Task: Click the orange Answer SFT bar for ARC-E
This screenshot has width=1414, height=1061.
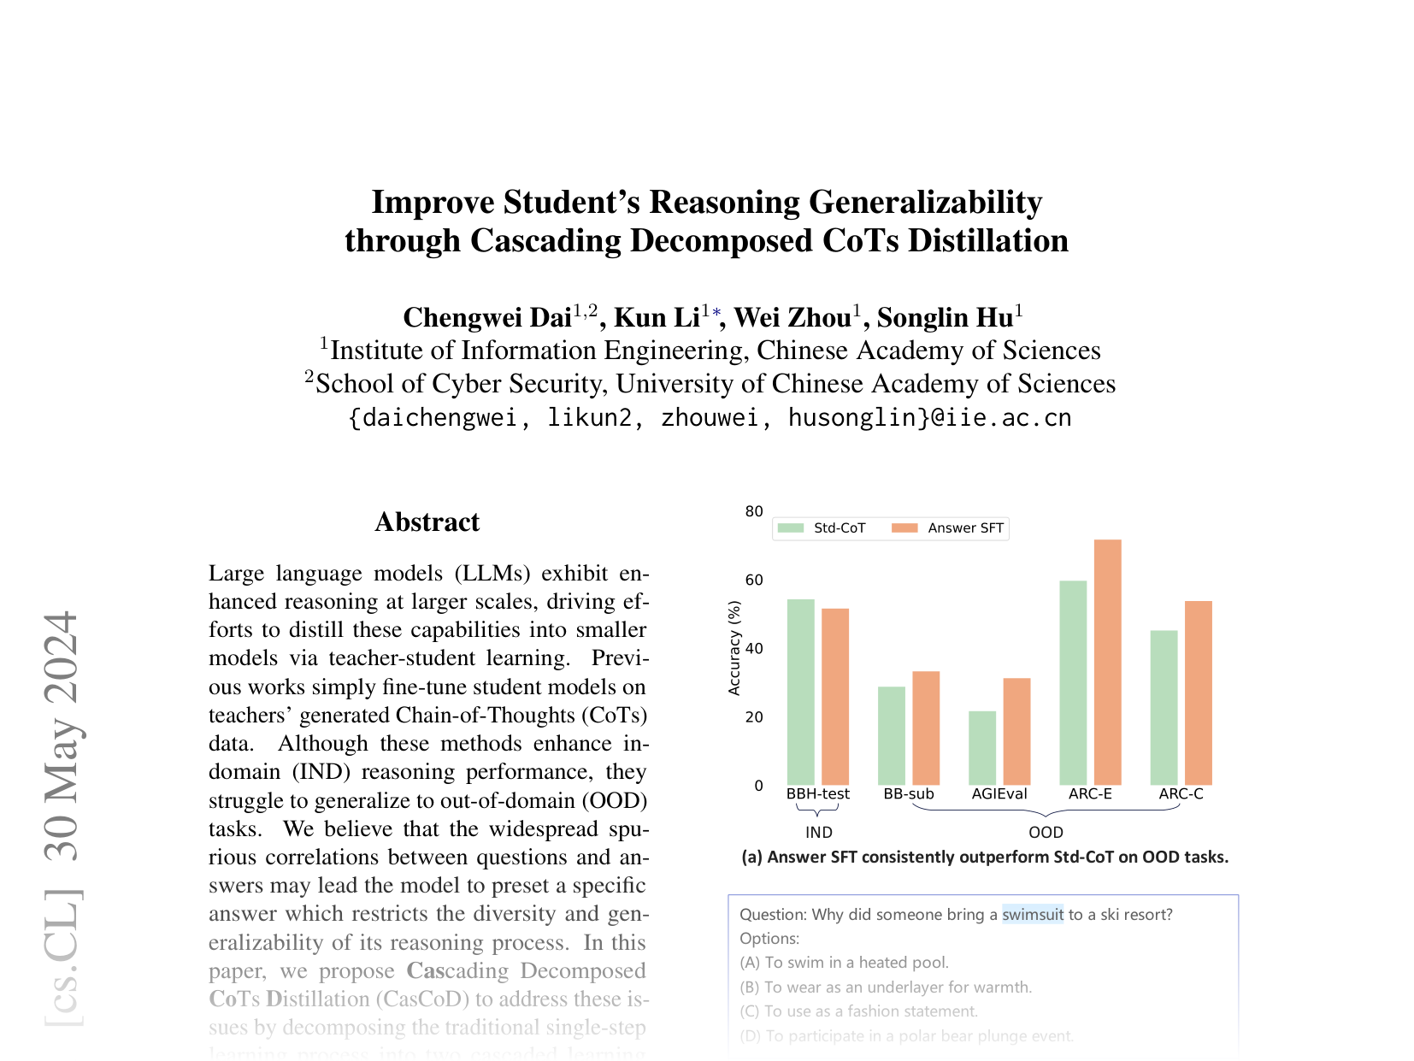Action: [x=1107, y=662]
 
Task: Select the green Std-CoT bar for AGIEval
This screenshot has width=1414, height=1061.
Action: [x=982, y=748]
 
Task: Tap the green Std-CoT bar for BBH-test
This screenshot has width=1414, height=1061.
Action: [x=800, y=692]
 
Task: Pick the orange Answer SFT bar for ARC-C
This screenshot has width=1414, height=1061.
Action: [x=1198, y=693]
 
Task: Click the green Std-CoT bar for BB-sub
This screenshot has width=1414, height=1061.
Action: [x=891, y=735]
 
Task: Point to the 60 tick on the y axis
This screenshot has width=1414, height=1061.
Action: [x=754, y=581]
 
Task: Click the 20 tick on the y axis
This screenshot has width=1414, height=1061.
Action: [x=754, y=717]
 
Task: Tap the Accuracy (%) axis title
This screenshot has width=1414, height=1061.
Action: [x=734, y=648]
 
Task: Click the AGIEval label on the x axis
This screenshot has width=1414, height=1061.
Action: [x=999, y=794]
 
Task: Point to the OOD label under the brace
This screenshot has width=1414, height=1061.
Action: [x=1046, y=832]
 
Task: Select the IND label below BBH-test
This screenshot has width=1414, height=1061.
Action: [x=818, y=832]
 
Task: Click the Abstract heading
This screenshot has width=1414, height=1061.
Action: [x=427, y=522]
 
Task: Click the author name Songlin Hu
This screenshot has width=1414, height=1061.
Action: [x=945, y=318]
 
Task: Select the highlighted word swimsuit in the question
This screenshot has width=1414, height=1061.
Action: [x=1033, y=915]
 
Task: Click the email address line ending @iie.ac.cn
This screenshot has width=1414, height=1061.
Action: [x=710, y=418]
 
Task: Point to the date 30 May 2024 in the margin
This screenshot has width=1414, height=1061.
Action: [x=62, y=735]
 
